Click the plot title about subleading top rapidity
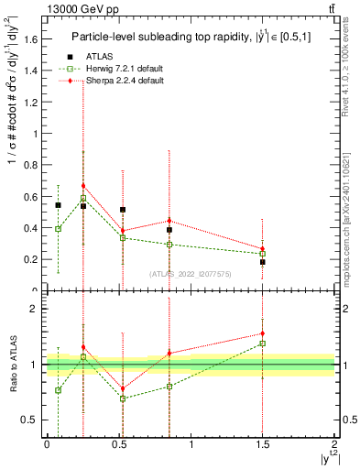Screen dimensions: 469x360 [x=192, y=38]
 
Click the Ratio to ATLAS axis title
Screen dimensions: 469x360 [x=12, y=365]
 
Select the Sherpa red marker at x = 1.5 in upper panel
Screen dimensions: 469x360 [x=263, y=248]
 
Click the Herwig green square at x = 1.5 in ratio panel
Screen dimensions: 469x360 [x=263, y=344]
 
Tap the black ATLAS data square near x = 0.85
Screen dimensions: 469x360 [x=169, y=230]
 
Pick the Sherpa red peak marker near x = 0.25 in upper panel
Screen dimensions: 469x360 [x=83, y=186]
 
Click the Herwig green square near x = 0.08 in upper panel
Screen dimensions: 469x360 [x=58, y=229]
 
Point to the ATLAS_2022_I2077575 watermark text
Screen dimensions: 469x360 [x=191, y=273]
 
